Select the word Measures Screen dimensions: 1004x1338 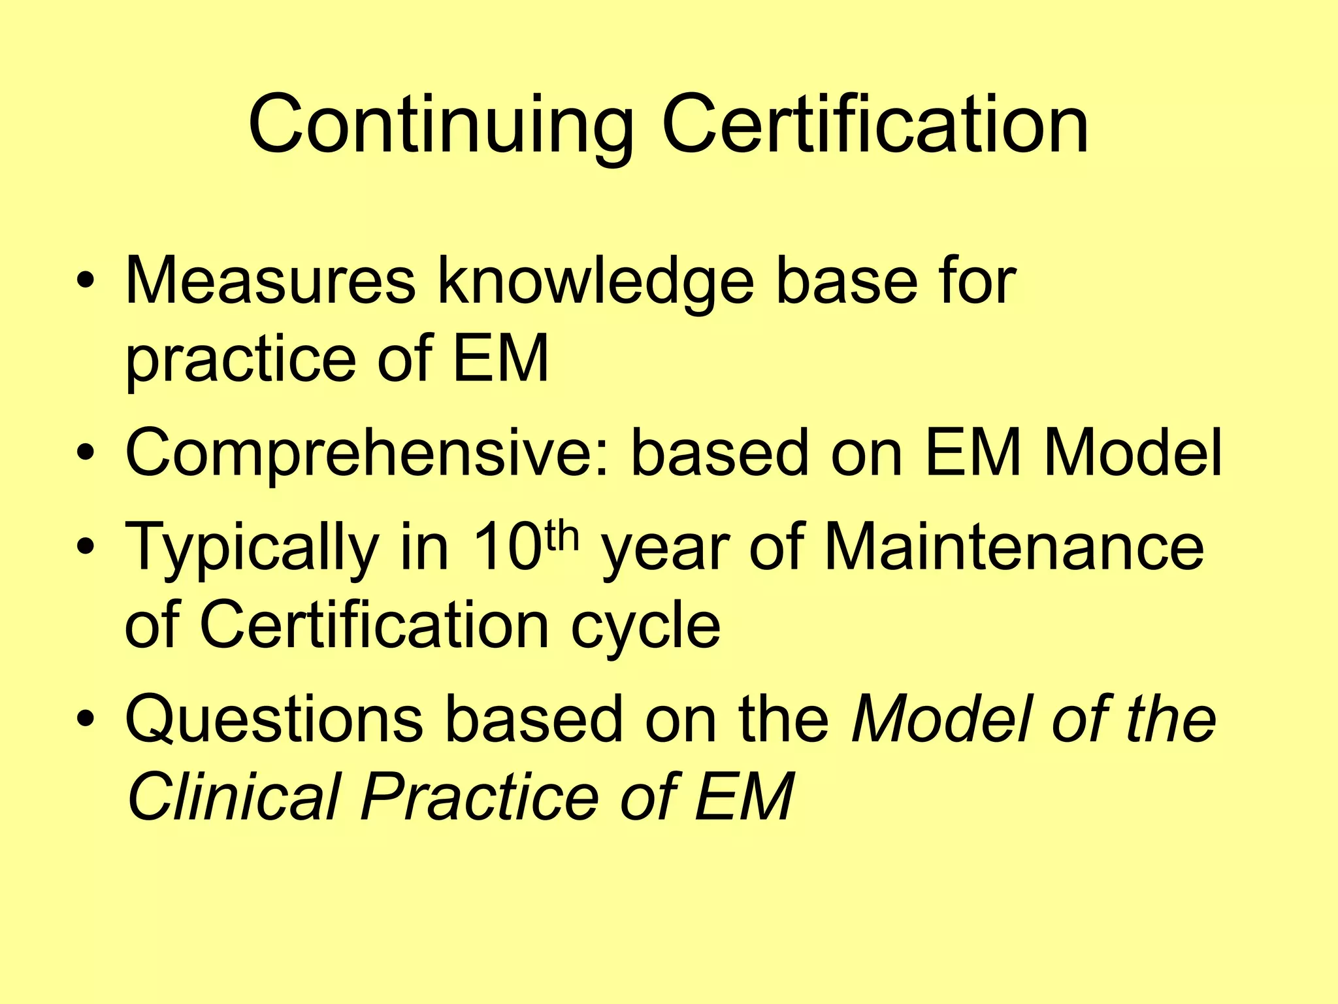270,281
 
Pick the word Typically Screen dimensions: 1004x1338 252,548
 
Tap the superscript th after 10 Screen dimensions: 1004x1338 562,535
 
